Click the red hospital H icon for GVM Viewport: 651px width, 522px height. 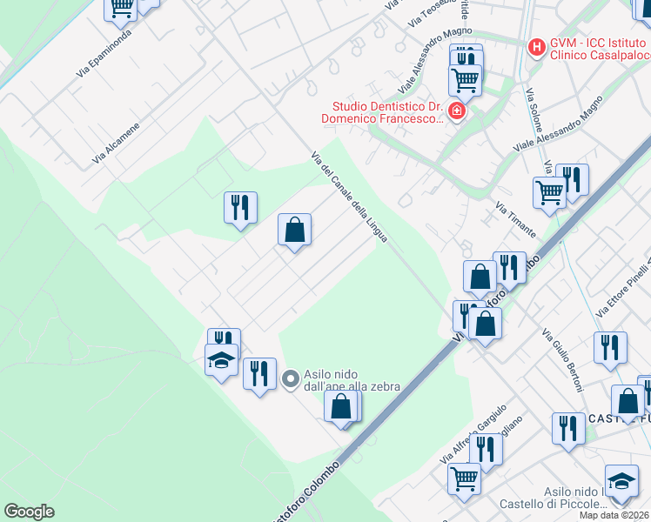537,46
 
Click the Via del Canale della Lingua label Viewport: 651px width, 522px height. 349,196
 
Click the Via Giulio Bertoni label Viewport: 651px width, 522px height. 562,359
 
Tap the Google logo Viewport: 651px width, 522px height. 30,512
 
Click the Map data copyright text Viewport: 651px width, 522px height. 614,515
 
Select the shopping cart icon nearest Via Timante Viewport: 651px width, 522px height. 549,192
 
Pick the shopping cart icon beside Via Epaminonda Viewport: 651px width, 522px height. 121,8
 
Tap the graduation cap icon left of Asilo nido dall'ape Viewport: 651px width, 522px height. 221,358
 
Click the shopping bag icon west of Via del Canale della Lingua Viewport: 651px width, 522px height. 294,231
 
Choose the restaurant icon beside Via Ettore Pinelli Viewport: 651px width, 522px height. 610,346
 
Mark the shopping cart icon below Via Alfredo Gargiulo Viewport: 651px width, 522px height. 464,478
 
